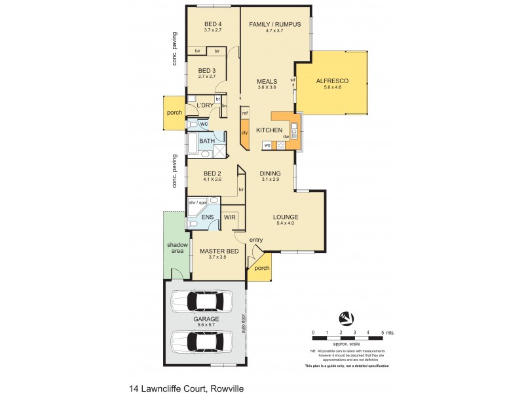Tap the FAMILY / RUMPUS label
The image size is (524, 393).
tap(274, 24)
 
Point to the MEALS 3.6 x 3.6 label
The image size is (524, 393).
tap(267, 82)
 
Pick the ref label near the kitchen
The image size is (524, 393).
tap(245, 113)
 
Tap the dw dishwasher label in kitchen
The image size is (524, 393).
tap(286, 136)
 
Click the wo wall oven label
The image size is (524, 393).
tap(267, 145)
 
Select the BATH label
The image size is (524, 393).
tap(207, 141)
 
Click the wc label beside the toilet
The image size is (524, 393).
tap(204, 122)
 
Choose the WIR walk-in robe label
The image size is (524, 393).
tap(230, 216)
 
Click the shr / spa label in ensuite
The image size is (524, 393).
tap(197, 203)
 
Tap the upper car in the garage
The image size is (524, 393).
tap(199, 302)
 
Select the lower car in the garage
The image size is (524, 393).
tap(199, 341)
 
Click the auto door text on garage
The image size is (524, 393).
tap(242, 324)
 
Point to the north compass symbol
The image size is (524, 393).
tap(345, 318)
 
